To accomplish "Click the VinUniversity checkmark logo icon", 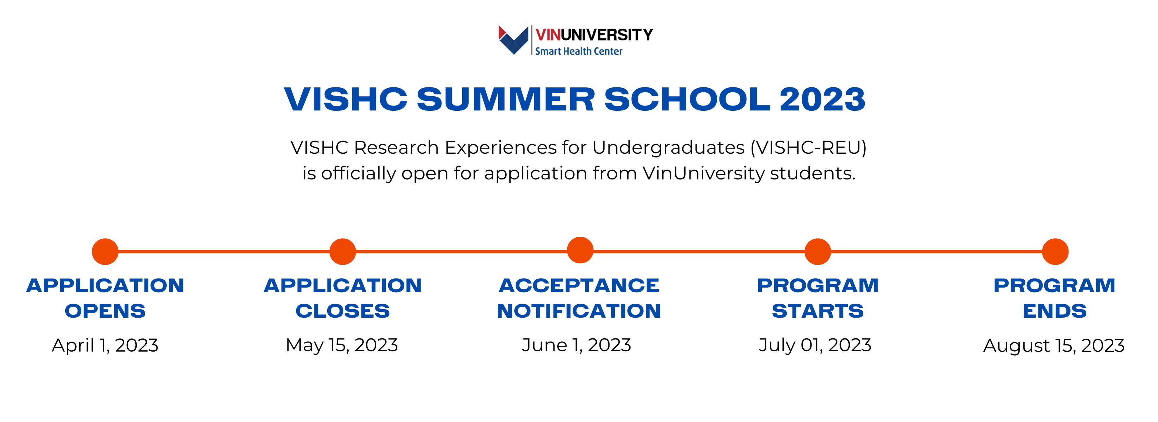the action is (x=513, y=40).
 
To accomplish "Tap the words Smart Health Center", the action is (x=578, y=51).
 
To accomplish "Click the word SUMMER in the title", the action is (x=506, y=99).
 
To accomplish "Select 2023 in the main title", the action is (x=822, y=99).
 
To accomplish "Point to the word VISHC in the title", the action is (x=346, y=99).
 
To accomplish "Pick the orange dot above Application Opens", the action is (x=105, y=252).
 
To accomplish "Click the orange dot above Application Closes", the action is (x=342, y=252).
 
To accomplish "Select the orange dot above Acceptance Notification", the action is (x=580, y=250).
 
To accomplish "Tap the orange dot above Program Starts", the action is (x=818, y=252).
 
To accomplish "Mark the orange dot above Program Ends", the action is (x=1055, y=252).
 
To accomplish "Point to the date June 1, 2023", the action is (x=576, y=345).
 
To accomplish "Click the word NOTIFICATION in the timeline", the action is (x=579, y=311).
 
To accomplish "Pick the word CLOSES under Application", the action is (x=342, y=311).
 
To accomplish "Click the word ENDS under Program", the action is (x=1054, y=311).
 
